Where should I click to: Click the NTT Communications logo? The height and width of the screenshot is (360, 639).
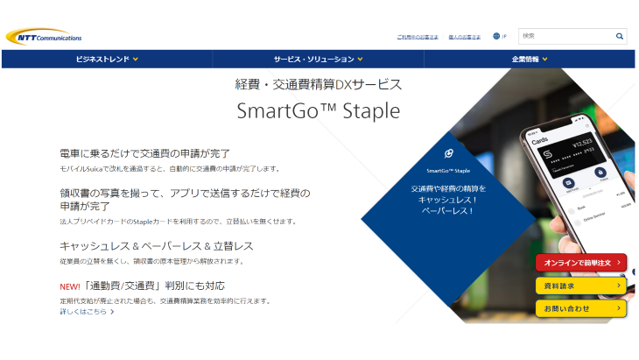tap(44, 36)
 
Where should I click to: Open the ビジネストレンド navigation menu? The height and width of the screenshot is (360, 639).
tap(107, 60)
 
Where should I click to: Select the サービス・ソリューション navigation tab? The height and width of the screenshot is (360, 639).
tap(318, 60)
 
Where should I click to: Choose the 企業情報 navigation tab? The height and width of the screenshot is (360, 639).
tap(530, 60)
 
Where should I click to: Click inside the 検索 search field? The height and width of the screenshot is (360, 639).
tap(565, 36)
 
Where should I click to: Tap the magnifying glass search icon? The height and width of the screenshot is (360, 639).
tap(620, 36)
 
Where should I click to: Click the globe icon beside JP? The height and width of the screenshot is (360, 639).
tap(496, 36)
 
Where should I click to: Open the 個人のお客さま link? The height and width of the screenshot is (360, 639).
tap(464, 37)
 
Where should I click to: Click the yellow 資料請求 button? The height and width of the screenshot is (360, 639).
tap(581, 285)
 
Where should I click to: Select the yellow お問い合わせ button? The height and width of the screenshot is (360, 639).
tap(581, 308)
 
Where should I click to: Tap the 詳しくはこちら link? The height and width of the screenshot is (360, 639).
tap(87, 312)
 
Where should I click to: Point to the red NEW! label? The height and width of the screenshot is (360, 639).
tap(70, 286)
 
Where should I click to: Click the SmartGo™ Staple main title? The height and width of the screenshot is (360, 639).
tap(318, 111)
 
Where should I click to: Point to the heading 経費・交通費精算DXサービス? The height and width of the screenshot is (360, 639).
tap(318, 85)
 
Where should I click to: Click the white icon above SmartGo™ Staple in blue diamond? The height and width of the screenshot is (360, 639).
tap(449, 152)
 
